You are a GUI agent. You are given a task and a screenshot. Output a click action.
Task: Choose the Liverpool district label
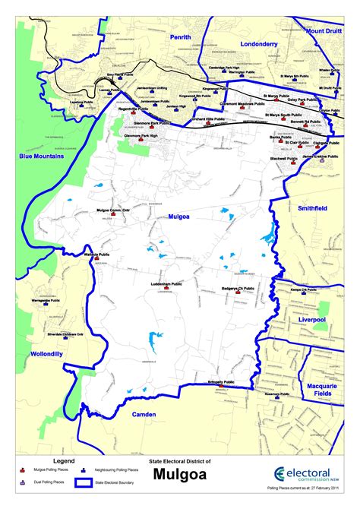[312, 320]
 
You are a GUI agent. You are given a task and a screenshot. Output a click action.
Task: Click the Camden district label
[144, 414]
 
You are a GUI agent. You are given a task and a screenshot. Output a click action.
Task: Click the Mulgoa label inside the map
[180, 217]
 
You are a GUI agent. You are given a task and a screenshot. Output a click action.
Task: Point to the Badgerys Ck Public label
[238, 289]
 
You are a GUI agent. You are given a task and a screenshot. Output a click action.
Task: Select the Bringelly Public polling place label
[221, 381]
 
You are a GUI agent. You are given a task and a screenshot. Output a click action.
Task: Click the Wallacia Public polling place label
[97, 254]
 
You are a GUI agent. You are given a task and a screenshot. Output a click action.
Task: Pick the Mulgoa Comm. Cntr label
[114, 209]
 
